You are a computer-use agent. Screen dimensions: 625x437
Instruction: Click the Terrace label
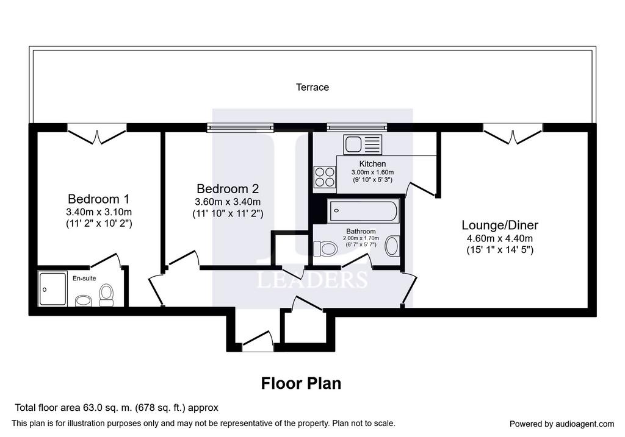click(312, 87)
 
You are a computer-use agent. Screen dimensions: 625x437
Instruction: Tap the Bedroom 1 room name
click(99, 199)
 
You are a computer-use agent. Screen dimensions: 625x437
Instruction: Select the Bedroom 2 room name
click(228, 188)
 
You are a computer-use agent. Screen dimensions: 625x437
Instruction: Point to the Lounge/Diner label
click(500, 225)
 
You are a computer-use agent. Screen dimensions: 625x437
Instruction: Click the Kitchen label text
click(372, 163)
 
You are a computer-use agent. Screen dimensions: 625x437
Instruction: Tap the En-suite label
click(84, 278)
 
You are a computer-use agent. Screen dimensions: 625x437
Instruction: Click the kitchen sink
click(363, 144)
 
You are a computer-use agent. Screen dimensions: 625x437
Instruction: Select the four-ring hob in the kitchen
click(325, 177)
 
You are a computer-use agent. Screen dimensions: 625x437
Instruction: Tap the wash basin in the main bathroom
click(392, 246)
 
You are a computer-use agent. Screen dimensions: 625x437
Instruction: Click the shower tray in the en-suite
click(52, 288)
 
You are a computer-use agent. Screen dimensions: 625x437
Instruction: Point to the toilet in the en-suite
click(106, 295)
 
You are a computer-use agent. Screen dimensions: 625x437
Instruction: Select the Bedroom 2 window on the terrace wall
click(240, 127)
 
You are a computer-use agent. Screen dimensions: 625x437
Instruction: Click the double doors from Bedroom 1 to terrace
click(96, 134)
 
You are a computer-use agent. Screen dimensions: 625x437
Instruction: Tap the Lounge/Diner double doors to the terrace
click(513, 134)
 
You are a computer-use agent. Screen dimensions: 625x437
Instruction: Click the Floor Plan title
click(301, 383)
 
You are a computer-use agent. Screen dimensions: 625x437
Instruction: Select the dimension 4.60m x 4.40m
click(500, 239)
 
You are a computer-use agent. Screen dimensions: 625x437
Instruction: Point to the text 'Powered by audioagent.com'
click(562, 424)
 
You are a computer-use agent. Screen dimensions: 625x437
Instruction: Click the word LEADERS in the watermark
click(312, 279)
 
